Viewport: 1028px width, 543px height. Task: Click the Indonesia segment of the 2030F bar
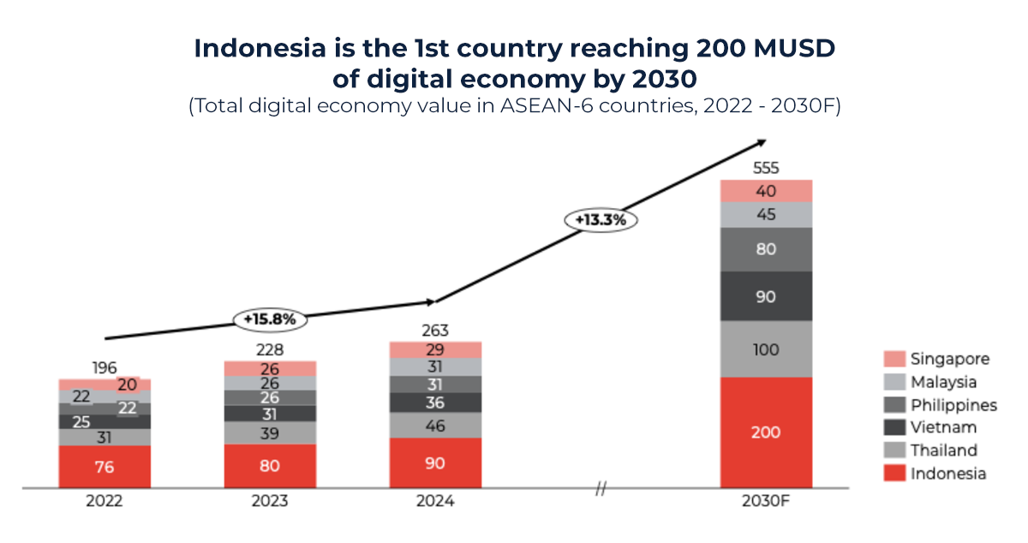[766, 432]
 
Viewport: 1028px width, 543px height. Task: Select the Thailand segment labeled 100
[766, 349]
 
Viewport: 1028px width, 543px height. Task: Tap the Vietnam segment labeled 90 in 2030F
[766, 296]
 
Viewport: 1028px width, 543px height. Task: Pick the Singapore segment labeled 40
[766, 191]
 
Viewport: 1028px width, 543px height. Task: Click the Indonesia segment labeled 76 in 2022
[105, 467]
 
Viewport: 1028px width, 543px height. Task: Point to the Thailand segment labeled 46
[435, 425]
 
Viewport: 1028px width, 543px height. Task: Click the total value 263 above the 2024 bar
[435, 331]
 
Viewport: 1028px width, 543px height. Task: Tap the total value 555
[766, 168]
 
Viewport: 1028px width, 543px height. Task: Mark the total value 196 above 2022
[105, 367]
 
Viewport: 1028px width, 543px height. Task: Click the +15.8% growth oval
[270, 319]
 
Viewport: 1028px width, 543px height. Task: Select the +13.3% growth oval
[601, 219]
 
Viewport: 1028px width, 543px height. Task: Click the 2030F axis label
[766, 502]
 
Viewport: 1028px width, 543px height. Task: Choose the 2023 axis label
[270, 502]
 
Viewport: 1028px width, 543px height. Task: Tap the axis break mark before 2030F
[601, 489]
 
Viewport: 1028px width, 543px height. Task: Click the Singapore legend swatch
[894, 359]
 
